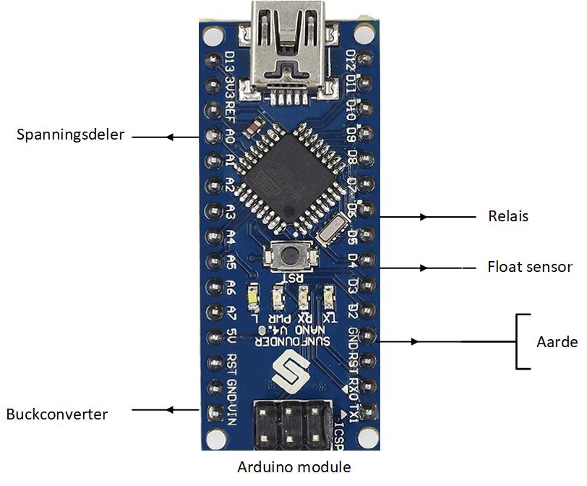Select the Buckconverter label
[x=57, y=414]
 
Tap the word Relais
[x=508, y=216]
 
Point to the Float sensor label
[x=529, y=267]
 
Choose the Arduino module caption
[x=293, y=466]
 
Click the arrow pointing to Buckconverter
[x=171, y=410]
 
